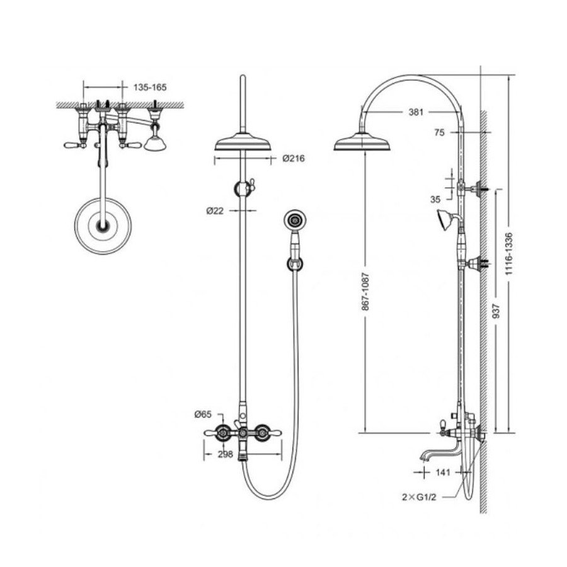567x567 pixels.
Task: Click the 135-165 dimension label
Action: [x=150, y=87]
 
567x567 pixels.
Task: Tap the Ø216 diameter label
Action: [x=294, y=158]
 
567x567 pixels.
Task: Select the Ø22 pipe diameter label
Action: [x=215, y=210]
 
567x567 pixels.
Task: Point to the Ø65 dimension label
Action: [x=202, y=415]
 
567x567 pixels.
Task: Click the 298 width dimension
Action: [x=226, y=454]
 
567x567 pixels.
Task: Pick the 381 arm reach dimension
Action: [x=416, y=112]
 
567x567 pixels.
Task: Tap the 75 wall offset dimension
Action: [x=439, y=133]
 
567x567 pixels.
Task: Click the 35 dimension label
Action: [x=435, y=199]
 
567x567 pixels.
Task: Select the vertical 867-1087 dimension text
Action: [x=365, y=292]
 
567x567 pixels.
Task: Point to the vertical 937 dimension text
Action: [x=496, y=311]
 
